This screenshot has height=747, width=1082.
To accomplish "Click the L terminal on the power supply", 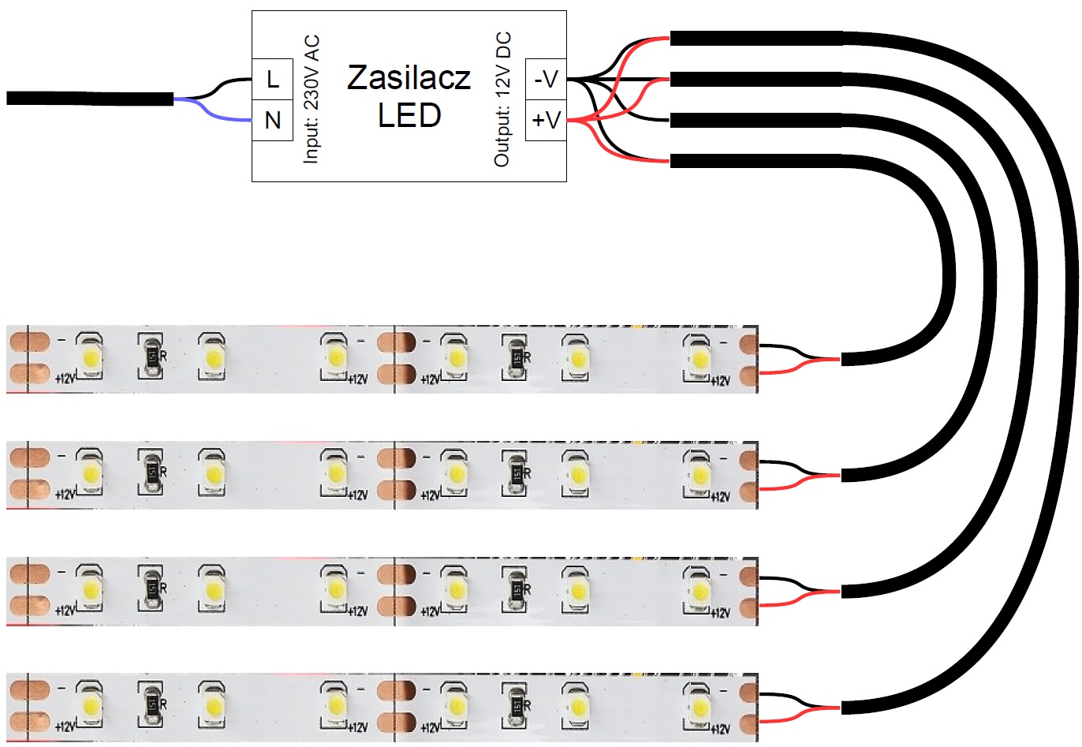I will [x=272, y=80].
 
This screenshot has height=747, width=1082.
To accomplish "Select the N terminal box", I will [x=272, y=121].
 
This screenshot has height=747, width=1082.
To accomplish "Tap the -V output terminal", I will [x=546, y=80].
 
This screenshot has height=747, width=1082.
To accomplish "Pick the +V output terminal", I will [x=546, y=121].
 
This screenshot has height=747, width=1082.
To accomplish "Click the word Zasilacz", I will [x=409, y=77].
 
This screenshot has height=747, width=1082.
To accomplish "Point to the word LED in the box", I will [x=409, y=116].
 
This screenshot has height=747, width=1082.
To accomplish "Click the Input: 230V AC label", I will [x=312, y=99].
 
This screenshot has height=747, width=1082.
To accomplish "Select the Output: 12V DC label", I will [x=502, y=99].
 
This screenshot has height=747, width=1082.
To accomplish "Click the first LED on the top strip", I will [x=89, y=357].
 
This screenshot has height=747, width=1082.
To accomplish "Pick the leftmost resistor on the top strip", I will [x=151, y=357].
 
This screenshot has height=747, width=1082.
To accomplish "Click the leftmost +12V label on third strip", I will [x=65, y=611].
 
